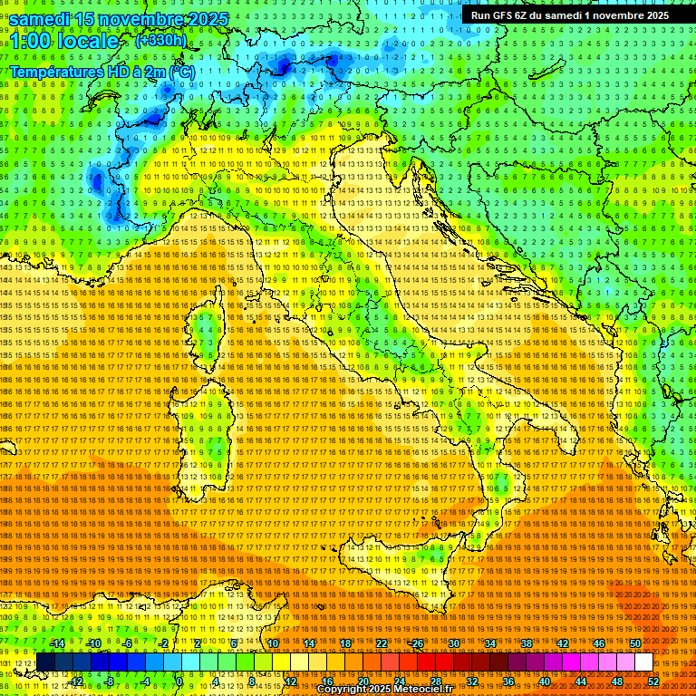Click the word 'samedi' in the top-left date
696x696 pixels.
coord(42,19)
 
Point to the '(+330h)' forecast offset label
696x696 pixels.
coord(160,40)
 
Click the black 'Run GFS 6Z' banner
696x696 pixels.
coord(565,15)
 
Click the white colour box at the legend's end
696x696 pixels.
coord(643,662)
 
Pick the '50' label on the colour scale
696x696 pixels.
coord(634,643)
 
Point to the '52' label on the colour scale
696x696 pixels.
coord(652,681)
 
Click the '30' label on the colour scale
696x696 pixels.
coord(453,643)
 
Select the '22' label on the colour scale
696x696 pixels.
coord(381,643)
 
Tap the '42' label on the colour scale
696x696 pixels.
coord(562,643)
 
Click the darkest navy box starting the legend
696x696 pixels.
coord(45,662)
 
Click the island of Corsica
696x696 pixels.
coord(207,331)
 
